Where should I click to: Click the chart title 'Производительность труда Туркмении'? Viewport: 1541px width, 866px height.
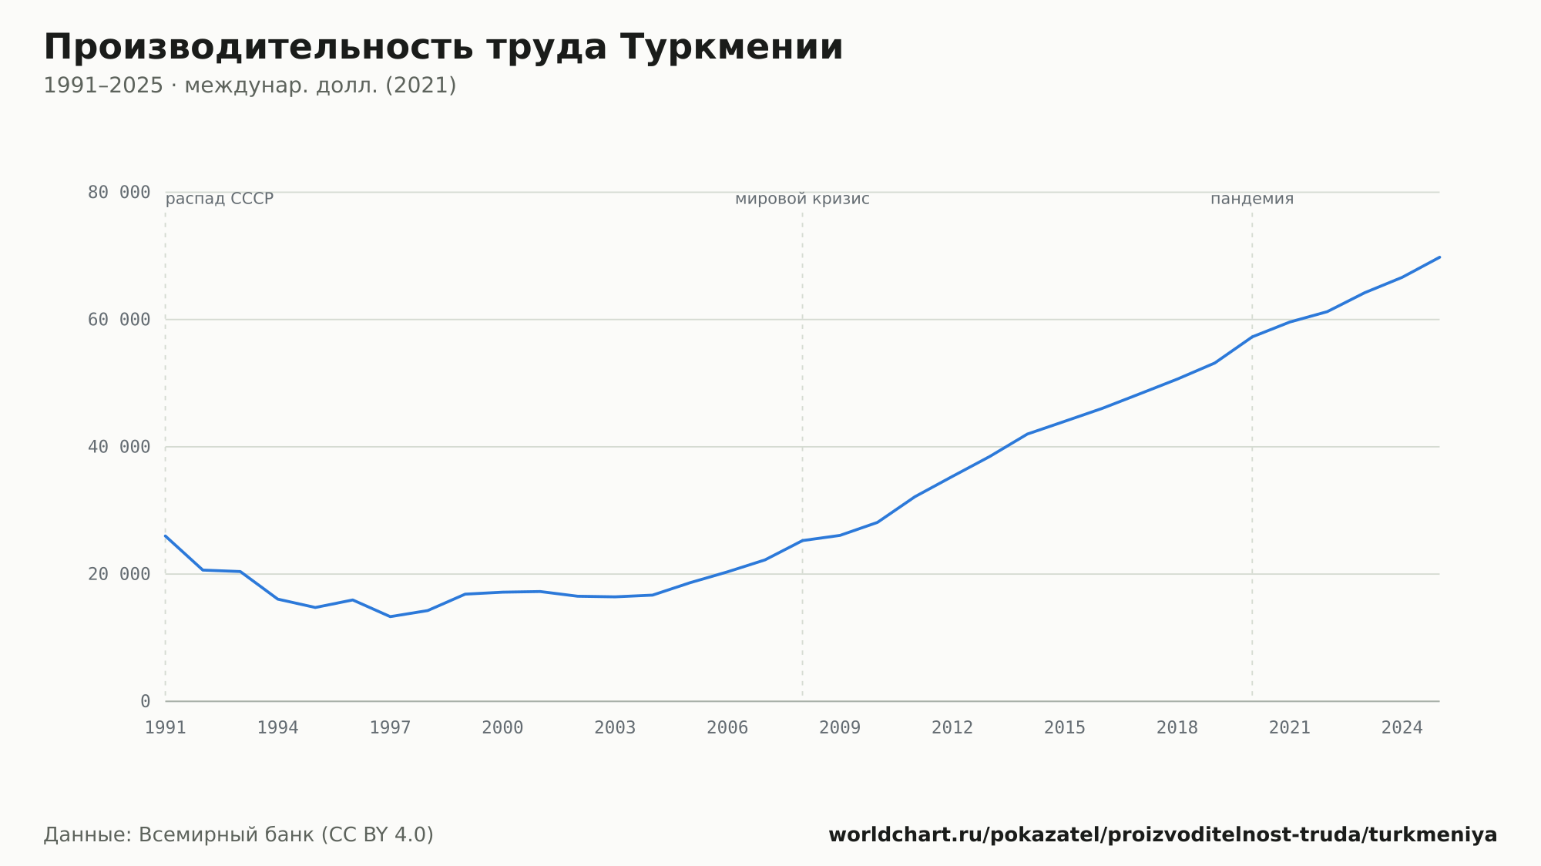(x=443, y=48)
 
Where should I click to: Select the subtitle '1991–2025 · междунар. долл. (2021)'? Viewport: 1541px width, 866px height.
(x=250, y=86)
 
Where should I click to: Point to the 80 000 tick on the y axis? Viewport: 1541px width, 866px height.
(x=119, y=193)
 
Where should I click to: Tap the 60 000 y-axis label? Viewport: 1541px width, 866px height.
(x=119, y=320)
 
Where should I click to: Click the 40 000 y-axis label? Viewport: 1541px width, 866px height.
(x=119, y=447)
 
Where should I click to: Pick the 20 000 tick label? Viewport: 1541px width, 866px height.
(x=119, y=574)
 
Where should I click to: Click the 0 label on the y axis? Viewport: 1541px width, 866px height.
(x=146, y=702)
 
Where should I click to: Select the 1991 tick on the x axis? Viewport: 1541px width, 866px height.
(x=166, y=728)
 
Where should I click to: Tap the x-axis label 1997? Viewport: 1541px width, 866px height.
(x=391, y=728)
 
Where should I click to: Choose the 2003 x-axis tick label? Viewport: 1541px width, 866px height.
(x=615, y=728)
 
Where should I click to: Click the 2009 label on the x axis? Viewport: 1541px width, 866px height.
(x=840, y=728)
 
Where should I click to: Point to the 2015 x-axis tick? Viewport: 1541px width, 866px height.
(x=1065, y=728)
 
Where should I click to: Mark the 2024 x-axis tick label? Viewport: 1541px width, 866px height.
(x=1402, y=728)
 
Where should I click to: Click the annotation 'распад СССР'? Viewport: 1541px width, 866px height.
(x=220, y=199)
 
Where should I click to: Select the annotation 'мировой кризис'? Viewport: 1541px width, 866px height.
(x=802, y=199)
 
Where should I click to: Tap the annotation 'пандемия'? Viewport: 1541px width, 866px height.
(x=1252, y=199)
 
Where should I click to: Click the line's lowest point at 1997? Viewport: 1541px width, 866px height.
(x=391, y=616)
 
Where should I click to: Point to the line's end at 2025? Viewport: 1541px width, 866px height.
(x=1439, y=257)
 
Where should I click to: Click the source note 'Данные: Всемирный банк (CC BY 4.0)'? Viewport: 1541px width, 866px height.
(x=239, y=835)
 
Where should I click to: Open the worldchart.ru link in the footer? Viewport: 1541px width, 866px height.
(x=1163, y=835)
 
